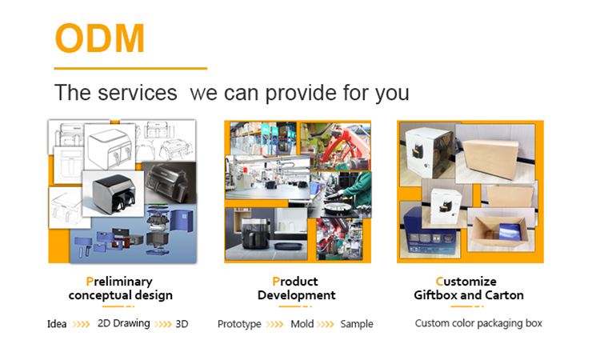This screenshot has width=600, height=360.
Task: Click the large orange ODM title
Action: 100,38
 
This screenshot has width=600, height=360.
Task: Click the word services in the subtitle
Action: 138,93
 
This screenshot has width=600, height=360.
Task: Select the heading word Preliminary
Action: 119,282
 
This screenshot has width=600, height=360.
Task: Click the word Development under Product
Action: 297,295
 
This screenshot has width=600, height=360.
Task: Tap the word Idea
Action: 57,324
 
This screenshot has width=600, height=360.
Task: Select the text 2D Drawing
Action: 123,324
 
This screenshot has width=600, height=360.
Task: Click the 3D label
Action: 182,324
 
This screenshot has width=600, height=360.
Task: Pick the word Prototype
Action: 239,325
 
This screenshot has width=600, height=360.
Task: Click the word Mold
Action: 302,324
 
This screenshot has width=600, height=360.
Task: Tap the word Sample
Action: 357,325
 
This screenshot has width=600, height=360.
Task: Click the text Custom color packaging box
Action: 478,324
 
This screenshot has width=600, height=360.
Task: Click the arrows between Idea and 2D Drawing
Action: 81,325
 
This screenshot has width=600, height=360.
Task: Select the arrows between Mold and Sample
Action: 326,325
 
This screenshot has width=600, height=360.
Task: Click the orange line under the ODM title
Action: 130,69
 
